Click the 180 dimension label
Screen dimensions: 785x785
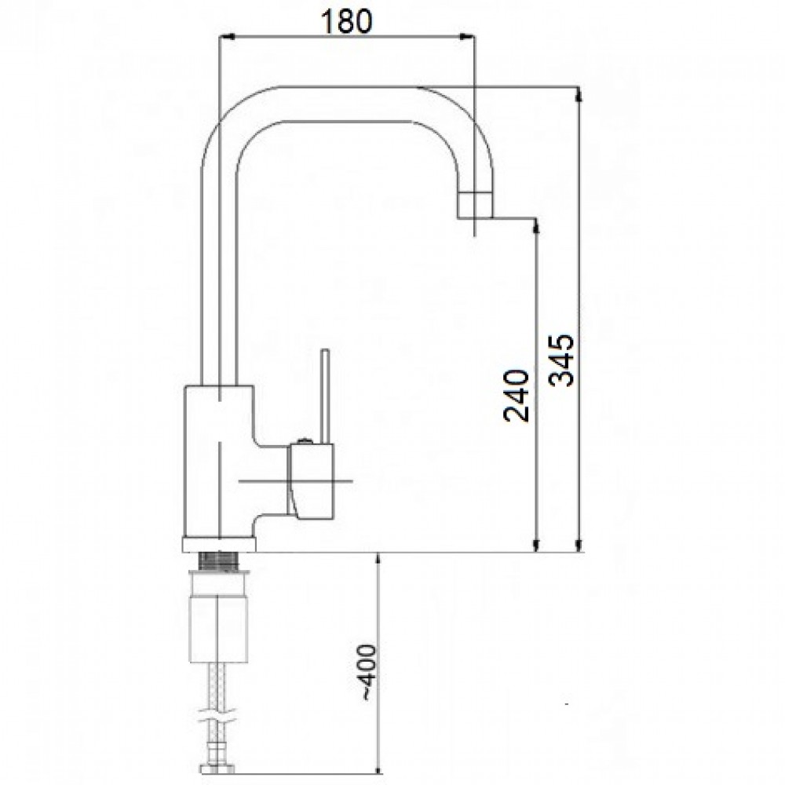[x=346, y=20]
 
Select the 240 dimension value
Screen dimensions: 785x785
[x=517, y=396]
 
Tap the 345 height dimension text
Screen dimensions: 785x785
[x=560, y=360]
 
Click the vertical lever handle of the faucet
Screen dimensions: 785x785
[x=326, y=396]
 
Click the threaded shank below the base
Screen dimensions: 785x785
[x=220, y=560]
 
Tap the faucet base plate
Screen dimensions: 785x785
[x=218, y=545]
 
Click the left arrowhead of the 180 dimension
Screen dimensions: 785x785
[x=227, y=36]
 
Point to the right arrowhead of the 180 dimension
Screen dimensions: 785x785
[x=467, y=36]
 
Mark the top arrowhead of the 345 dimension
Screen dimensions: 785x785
[x=579, y=95]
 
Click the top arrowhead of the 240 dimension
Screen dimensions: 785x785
[x=537, y=226]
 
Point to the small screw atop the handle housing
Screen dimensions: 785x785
[x=304, y=441]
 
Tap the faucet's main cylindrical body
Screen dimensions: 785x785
[x=218, y=462]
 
